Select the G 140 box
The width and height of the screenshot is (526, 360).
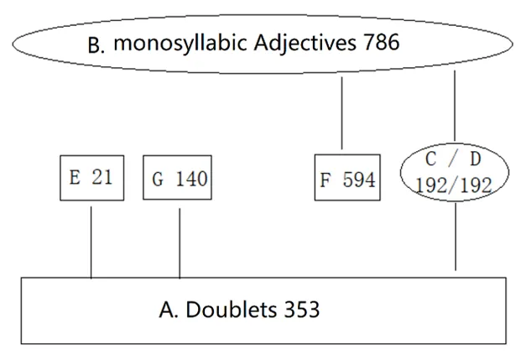(x=179, y=179)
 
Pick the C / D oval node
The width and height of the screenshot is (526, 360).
(x=454, y=173)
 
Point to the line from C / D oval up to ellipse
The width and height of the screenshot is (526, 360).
(x=454, y=105)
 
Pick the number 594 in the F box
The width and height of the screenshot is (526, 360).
(x=359, y=178)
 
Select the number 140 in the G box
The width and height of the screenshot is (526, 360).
(x=188, y=179)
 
